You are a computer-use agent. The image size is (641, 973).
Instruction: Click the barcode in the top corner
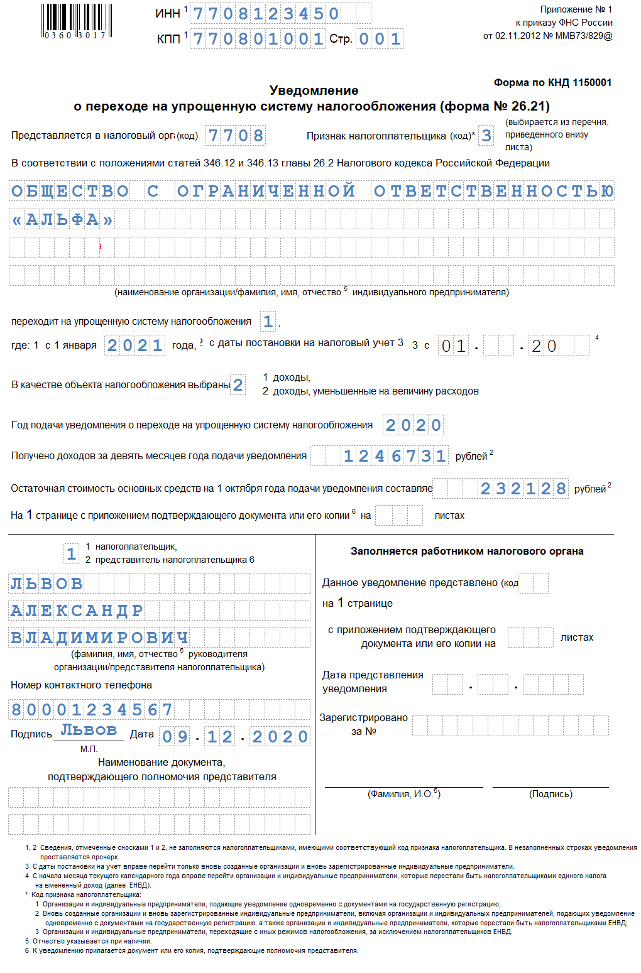(77, 21)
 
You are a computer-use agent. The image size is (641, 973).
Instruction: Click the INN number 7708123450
(266, 13)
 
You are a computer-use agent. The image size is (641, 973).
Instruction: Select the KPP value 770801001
(258, 39)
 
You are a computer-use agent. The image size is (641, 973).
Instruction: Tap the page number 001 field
(380, 39)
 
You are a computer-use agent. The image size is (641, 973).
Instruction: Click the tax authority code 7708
(235, 136)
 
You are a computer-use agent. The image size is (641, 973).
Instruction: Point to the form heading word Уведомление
(314, 90)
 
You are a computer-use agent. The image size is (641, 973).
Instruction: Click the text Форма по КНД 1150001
(552, 82)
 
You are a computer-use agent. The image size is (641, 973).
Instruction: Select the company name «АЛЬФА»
(62, 219)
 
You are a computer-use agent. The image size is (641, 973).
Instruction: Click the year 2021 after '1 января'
(134, 345)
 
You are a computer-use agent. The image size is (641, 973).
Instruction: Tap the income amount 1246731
(395, 456)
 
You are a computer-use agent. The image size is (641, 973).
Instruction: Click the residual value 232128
(523, 489)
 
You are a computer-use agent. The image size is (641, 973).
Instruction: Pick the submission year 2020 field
(414, 425)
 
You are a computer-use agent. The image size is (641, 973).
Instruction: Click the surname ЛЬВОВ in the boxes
(47, 584)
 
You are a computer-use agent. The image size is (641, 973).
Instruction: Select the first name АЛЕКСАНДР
(77, 611)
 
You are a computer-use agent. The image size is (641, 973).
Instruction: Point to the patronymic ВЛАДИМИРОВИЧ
(99, 638)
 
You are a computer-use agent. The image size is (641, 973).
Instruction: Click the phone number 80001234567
(92, 710)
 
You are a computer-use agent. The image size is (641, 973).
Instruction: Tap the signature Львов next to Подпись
(89, 730)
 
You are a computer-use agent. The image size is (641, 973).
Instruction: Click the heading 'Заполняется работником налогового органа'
(466, 551)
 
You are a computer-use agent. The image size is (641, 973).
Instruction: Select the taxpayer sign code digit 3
(486, 136)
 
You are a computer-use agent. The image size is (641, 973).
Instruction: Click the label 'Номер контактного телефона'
(81, 685)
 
